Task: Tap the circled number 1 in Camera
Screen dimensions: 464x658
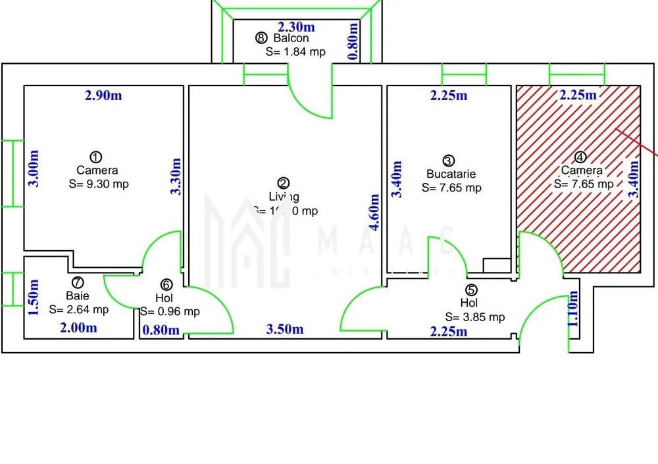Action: [96, 157]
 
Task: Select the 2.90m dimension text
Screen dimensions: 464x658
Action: [103, 95]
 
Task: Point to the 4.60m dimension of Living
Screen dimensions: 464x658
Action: [374, 212]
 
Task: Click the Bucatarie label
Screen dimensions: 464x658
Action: [451, 174]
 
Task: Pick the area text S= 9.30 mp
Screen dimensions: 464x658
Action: [99, 184]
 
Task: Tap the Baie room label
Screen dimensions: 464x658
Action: [77, 296]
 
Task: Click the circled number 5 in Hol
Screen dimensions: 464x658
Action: [470, 290]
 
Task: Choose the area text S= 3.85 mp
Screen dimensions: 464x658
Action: [475, 317]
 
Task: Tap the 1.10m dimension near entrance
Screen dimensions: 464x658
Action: [574, 309]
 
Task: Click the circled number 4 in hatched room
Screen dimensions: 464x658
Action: [580, 157]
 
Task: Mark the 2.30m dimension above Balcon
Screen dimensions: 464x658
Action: [295, 27]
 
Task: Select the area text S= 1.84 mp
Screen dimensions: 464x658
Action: [295, 51]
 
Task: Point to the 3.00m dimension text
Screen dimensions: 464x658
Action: [34, 168]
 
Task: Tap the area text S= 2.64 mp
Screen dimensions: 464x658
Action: [79, 309]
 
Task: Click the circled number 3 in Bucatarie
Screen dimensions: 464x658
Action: [448, 160]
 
